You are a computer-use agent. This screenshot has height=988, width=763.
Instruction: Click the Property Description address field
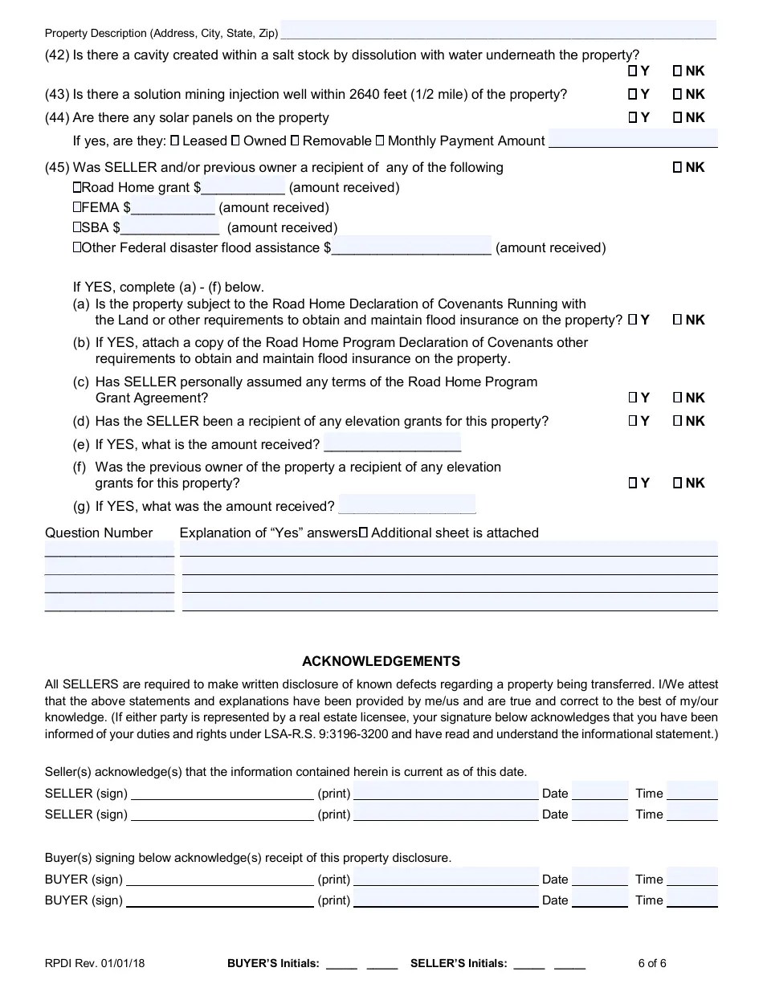[x=498, y=31]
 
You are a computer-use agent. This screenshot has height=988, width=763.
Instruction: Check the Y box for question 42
[x=633, y=71]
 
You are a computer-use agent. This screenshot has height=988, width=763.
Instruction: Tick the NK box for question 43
[x=677, y=95]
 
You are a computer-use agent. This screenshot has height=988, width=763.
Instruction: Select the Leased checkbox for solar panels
[x=174, y=141]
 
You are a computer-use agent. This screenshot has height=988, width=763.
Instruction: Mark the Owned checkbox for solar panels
[x=235, y=141]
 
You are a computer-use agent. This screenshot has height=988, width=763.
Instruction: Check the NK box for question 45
[x=677, y=168]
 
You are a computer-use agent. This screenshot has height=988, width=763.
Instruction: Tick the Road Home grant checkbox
[x=77, y=188]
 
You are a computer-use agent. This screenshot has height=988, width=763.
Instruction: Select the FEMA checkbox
[x=77, y=208]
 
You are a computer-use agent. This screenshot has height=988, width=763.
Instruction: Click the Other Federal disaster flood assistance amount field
[x=411, y=247]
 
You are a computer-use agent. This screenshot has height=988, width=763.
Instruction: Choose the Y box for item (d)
[x=633, y=421]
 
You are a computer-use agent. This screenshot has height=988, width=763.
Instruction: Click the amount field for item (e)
[x=392, y=443]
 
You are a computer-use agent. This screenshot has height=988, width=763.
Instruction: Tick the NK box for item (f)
[x=677, y=483]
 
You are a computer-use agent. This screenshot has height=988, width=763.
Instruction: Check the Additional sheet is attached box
[x=364, y=533]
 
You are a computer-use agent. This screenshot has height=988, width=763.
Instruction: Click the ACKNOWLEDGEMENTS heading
[x=381, y=662]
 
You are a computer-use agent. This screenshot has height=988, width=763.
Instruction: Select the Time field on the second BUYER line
[x=692, y=900]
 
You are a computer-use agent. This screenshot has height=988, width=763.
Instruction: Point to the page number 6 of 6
[x=652, y=964]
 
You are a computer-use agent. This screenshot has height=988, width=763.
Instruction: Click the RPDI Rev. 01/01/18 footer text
[x=95, y=964]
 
